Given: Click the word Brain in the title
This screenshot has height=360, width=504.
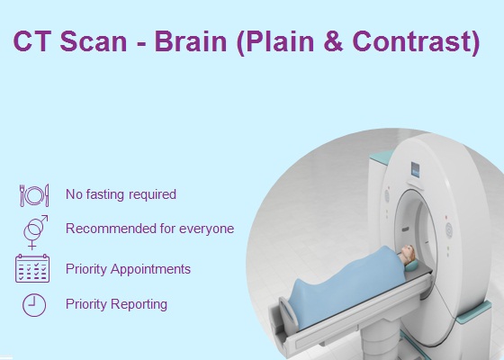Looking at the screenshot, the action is (x=191, y=41).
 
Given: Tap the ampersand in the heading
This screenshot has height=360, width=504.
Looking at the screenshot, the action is (x=334, y=41).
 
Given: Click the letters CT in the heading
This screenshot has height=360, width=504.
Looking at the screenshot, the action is (x=31, y=41).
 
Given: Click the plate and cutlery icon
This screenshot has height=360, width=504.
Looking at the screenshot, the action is (x=34, y=195).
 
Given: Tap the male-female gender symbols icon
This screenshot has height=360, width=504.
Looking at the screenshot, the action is (x=35, y=232).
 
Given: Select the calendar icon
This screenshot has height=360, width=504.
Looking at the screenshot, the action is (x=32, y=268).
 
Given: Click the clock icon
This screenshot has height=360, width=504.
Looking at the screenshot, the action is (x=34, y=305).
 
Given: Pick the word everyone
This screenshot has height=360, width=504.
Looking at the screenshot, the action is (x=206, y=229).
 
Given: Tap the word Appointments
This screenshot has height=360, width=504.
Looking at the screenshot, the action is (x=150, y=269).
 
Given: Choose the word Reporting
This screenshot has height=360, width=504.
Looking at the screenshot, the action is (x=139, y=304).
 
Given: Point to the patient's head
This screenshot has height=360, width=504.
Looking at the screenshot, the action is (x=408, y=253).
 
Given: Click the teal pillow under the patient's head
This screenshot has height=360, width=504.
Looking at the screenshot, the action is (x=411, y=265).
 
